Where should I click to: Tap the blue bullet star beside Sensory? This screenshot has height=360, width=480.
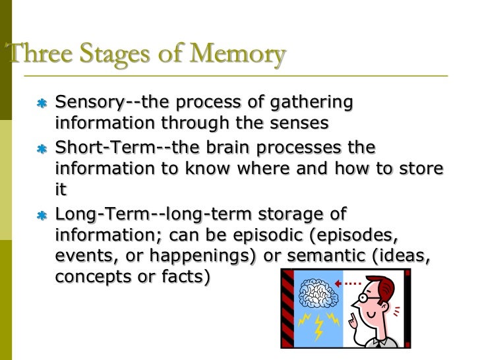click(42, 104)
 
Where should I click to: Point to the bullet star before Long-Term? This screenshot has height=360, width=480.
click(42, 216)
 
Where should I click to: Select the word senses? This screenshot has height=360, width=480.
click(295, 123)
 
